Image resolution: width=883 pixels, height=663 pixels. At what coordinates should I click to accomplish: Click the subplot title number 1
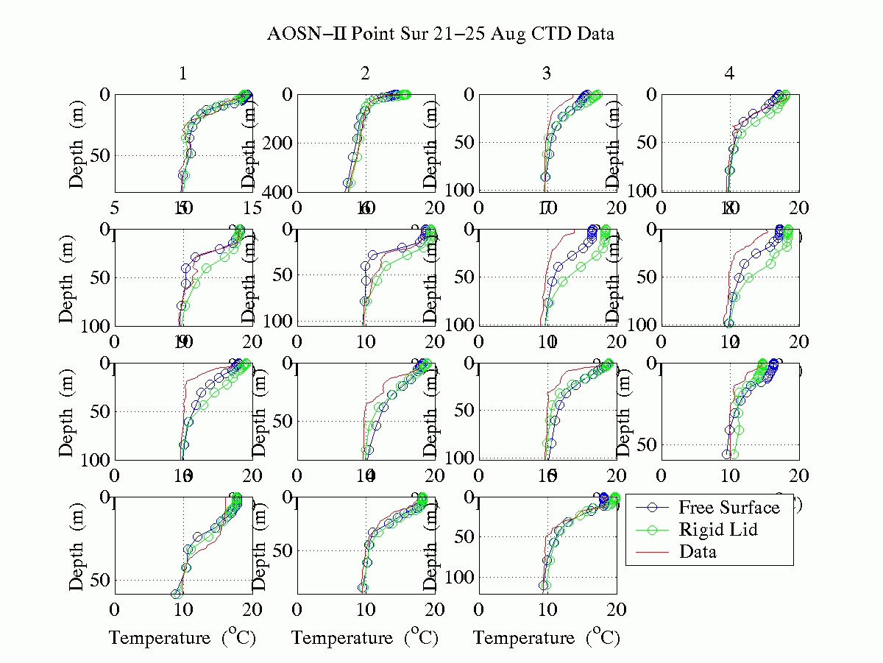tap(182, 74)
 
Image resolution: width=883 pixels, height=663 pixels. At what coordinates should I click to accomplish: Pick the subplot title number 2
tap(365, 74)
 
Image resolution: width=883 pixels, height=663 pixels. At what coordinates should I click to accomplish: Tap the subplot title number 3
tap(546, 74)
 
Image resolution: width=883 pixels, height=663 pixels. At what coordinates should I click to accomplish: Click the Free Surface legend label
tap(728, 508)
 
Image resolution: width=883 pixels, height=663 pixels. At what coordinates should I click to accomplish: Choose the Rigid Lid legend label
tap(718, 529)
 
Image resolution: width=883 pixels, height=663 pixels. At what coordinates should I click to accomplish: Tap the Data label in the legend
tap(698, 550)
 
